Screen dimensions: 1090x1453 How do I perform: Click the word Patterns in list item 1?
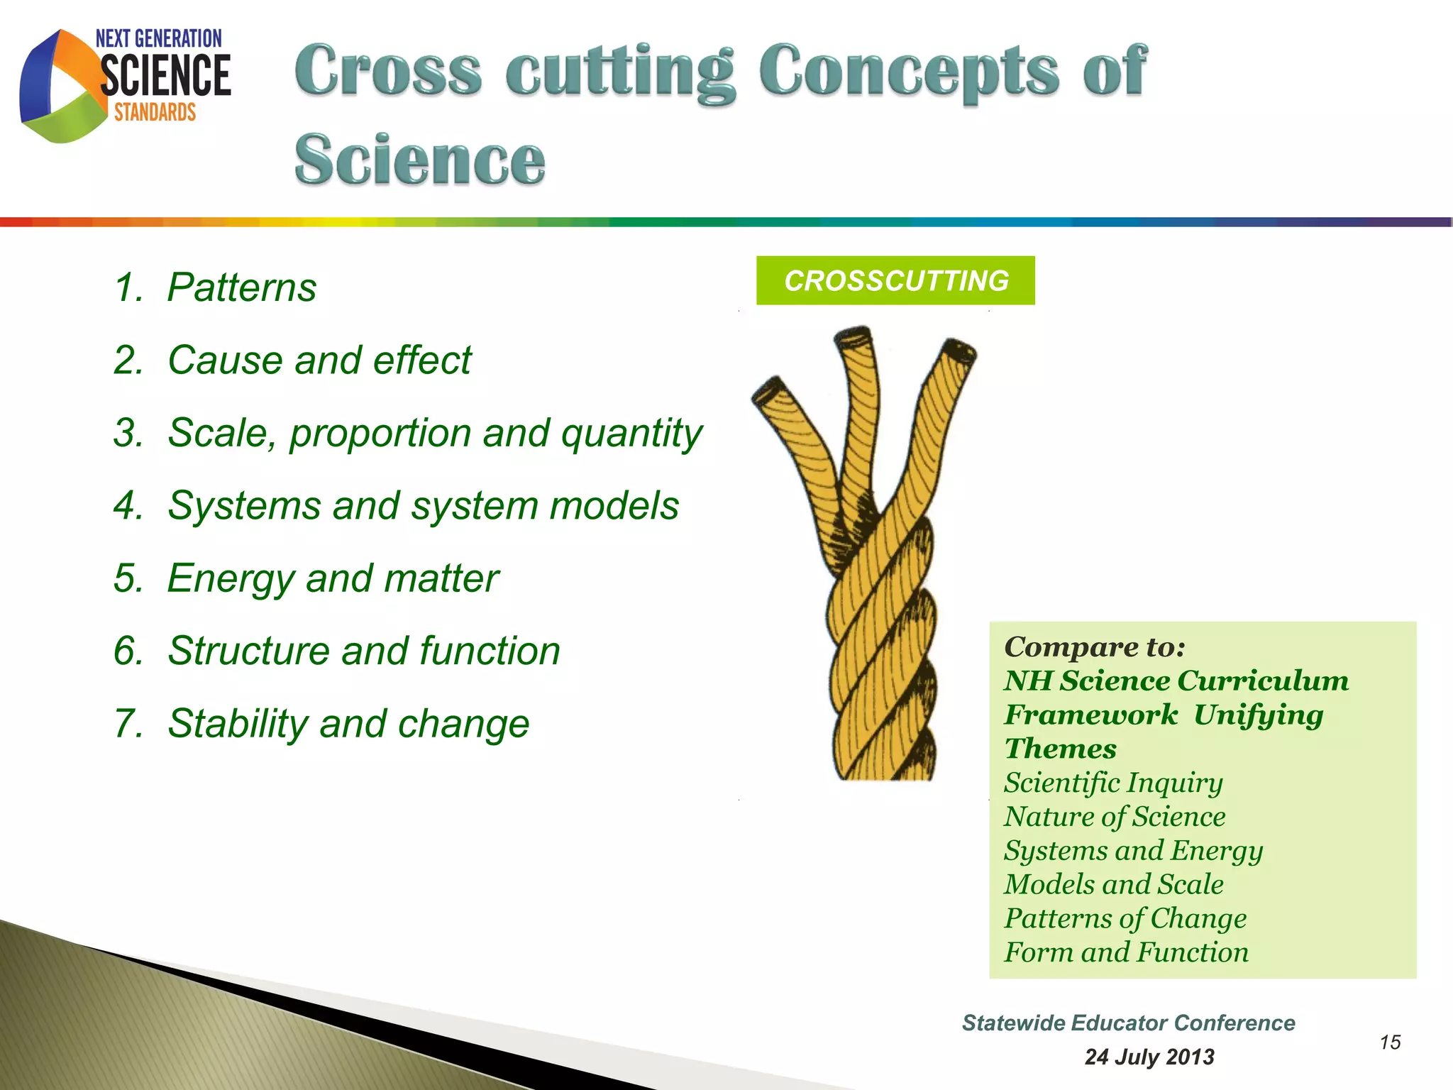(241, 288)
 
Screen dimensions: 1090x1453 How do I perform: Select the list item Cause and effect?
(319, 360)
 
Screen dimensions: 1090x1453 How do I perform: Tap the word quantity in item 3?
(631, 434)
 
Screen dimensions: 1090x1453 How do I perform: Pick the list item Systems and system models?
(423, 506)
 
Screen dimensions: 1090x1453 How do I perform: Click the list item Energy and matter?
(333, 578)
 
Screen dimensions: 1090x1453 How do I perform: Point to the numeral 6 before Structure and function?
(127, 651)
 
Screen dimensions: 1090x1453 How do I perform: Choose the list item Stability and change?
(348, 724)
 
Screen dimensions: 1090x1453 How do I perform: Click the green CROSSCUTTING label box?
(895, 281)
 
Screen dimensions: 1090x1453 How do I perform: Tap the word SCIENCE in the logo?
(165, 76)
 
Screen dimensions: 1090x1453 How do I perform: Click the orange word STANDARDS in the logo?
(155, 112)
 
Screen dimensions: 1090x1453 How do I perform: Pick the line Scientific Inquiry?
(1113, 783)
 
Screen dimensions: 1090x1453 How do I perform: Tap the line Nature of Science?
(1115, 817)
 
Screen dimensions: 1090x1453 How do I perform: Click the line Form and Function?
(1126, 952)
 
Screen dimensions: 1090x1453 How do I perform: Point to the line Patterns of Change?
(1125, 918)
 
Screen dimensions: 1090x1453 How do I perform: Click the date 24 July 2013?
(1149, 1057)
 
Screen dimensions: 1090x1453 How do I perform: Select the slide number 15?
(1390, 1042)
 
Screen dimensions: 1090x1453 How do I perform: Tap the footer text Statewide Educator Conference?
(1128, 1023)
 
